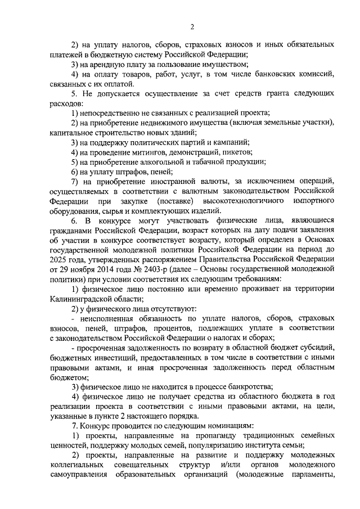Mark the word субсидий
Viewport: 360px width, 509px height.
[x=318, y=349]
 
